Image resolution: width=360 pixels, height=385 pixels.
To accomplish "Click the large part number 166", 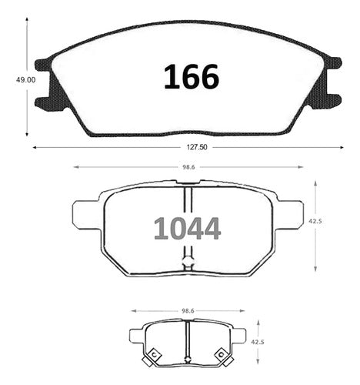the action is pyautogui.click(x=192, y=77).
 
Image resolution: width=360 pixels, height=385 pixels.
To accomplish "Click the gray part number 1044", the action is pyautogui.click(x=187, y=229).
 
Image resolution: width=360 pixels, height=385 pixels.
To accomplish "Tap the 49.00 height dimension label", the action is pyautogui.click(x=26, y=80).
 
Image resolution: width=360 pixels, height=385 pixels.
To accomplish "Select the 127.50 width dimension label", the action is pyautogui.click(x=197, y=147).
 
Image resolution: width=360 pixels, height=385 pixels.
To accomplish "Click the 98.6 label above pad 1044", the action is pyautogui.click(x=188, y=167).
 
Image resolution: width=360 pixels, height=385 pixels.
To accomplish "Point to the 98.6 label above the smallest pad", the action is pyautogui.click(x=188, y=311).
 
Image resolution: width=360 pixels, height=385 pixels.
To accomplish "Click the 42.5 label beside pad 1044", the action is pyautogui.click(x=315, y=221).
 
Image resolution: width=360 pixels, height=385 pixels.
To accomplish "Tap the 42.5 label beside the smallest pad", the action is pyautogui.click(x=258, y=342).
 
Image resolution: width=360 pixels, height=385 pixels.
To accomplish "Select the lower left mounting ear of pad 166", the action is pyautogui.click(x=44, y=104).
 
